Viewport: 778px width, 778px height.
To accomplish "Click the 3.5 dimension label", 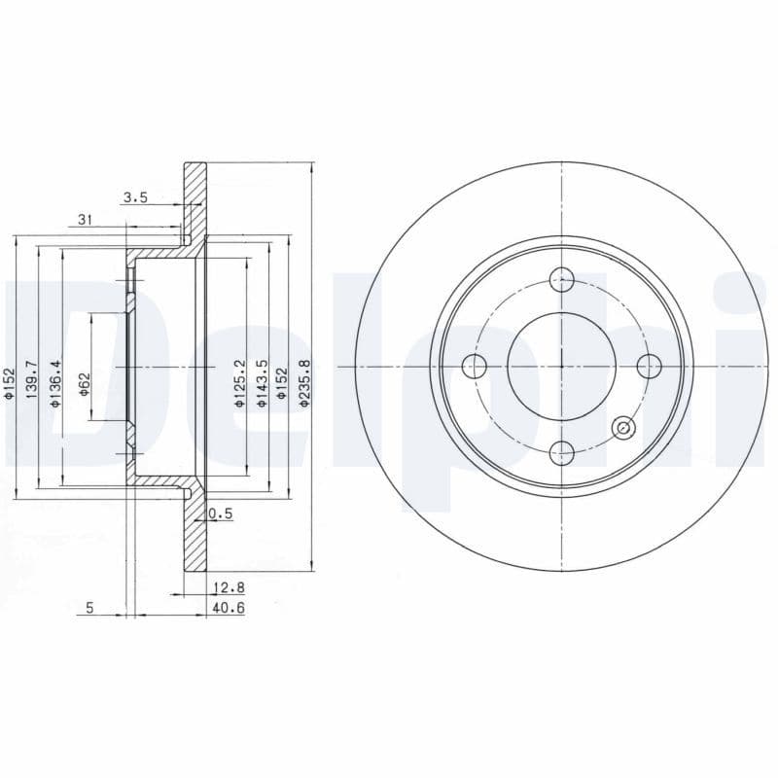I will coord(134,198).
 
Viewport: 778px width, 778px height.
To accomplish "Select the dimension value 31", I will coord(85,221).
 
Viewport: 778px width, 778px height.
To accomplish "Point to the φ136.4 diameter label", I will coord(55,382).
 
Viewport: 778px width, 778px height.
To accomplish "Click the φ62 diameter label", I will coord(85,383).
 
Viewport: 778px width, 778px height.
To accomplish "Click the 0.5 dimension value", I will coord(222,514).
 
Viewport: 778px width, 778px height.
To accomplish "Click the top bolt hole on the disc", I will coord(561,280).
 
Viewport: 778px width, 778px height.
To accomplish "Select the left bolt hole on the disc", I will coord(475,367).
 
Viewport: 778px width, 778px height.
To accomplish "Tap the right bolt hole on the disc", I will coord(648,367).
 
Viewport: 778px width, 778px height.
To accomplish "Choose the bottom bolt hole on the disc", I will coord(561,451).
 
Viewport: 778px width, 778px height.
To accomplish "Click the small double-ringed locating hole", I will coord(623,427).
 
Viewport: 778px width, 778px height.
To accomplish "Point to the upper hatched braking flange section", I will coord(195,199).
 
